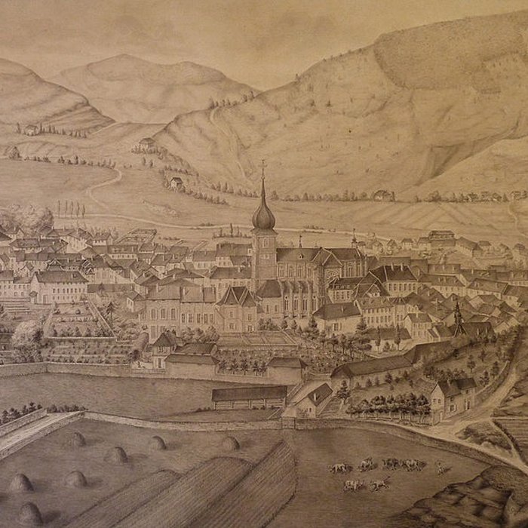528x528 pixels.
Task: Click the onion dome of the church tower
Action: [x=263, y=216]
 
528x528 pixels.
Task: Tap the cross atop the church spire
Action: [x=263, y=165]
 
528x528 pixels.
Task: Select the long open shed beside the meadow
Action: [x=249, y=394]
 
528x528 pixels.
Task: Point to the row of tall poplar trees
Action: [x=70, y=208]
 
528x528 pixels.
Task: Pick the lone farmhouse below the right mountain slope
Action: [x=383, y=195]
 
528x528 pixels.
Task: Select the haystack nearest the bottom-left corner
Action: [x=30, y=514]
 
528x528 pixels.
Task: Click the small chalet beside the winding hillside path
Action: [x=176, y=183]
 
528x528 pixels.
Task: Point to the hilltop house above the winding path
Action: [x=146, y=143]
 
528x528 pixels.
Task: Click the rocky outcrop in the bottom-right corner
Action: [x=483, y=502]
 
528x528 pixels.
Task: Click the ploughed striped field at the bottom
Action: [x=219, y=490]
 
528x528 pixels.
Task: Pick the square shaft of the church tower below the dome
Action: [x=263, y=253]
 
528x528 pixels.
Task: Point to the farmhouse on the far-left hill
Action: [x=30, y=130]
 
